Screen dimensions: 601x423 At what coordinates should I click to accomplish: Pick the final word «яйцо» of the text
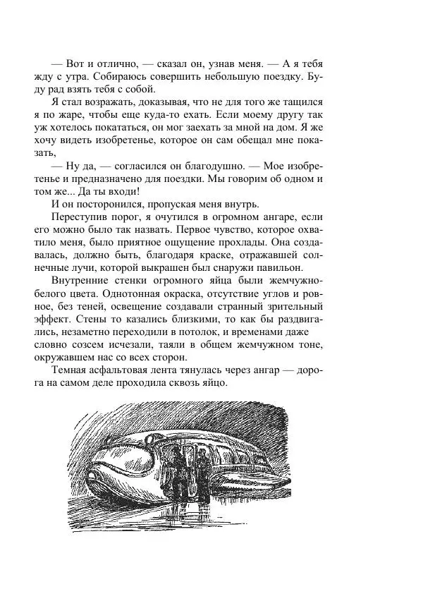click(x=211, y=381)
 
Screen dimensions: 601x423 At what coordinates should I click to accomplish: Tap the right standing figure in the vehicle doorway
click(x=202, y=466)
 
